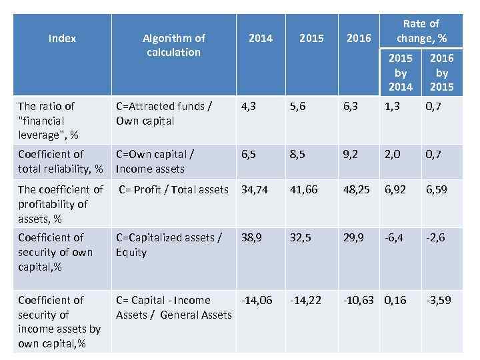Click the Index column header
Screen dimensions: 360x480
[62, 39]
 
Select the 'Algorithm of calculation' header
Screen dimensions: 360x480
[173, 45]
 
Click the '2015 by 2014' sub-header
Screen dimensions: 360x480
[401, 73]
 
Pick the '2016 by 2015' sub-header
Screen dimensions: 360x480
[441, 73]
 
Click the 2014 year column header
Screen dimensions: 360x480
[260, 39]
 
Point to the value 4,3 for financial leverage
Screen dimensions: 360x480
[249, 106]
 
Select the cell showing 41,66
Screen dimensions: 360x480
[304, 189]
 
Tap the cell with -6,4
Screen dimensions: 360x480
[395, 237]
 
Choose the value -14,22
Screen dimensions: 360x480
[305, 300]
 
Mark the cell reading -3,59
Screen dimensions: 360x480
[439, 300]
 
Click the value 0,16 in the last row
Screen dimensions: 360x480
[395, 300]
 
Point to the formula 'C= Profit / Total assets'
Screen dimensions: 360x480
[173, 189]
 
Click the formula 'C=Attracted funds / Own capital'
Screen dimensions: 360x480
[164, 113]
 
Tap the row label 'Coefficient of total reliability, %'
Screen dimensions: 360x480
[61, 161]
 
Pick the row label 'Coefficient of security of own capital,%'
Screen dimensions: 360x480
[56, 252]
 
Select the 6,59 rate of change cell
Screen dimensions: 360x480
[439, 189]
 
